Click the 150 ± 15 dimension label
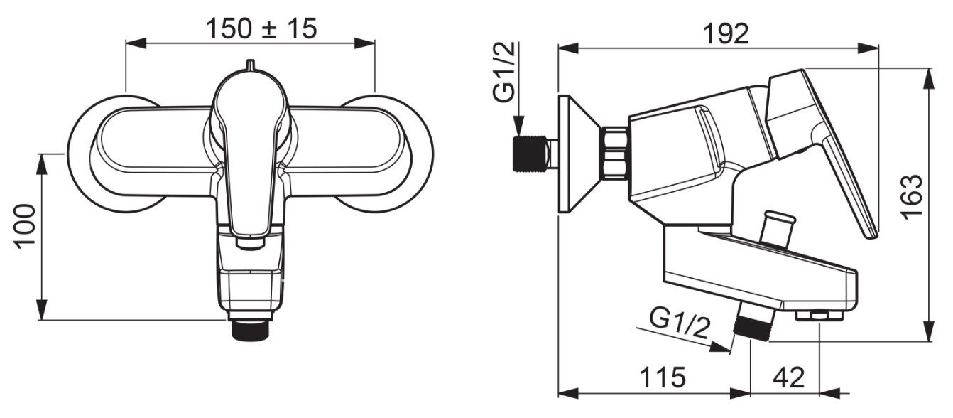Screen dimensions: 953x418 tap(261, 28)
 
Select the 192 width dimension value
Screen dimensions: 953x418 tap(726, 33)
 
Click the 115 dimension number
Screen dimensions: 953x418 tap(663, 377)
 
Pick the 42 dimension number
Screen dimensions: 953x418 tap(789, 377)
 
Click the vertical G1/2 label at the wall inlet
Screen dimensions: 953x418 tap(505, 72)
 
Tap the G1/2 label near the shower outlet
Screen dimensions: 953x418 tap(680, 323)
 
